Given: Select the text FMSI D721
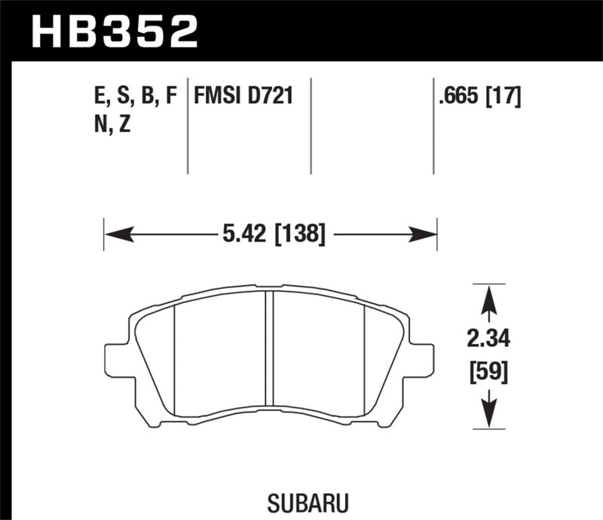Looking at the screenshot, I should (x=243, y=97).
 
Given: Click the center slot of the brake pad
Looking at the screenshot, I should (x=269, y=353).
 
